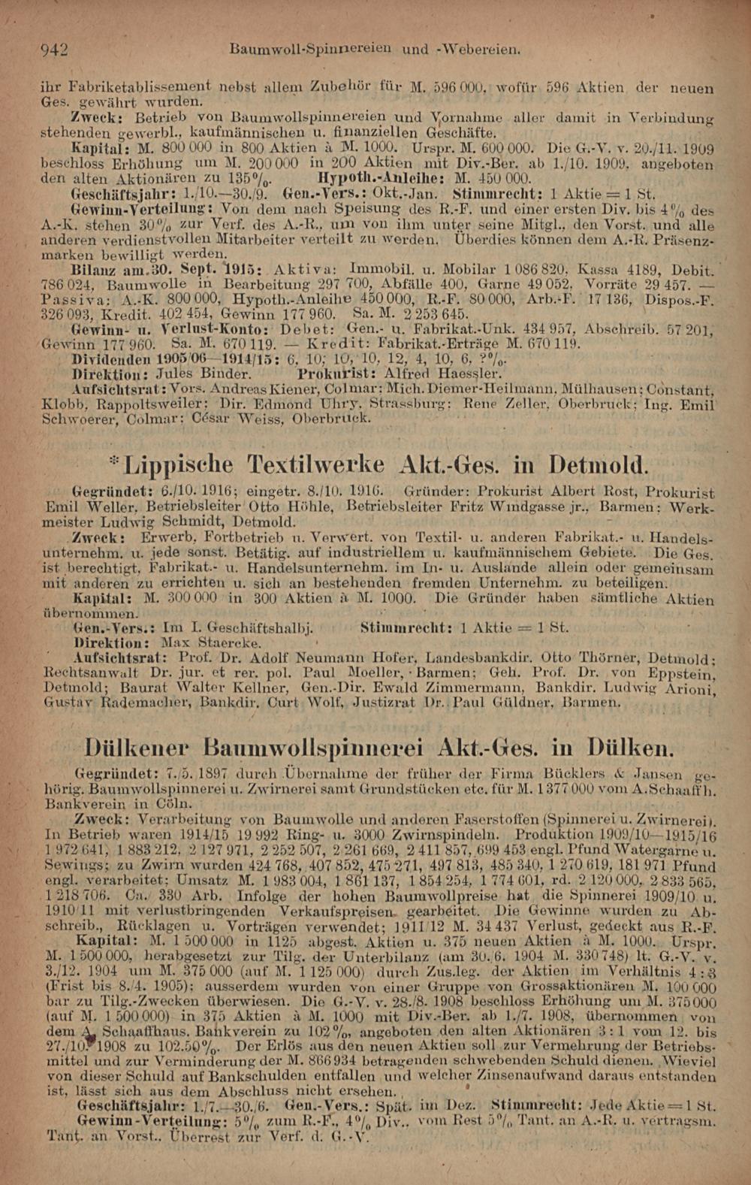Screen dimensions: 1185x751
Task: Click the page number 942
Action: coord(54,50)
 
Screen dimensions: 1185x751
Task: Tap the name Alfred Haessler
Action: coord(441,373)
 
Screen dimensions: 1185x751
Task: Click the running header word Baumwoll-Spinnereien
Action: coord(309,50)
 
